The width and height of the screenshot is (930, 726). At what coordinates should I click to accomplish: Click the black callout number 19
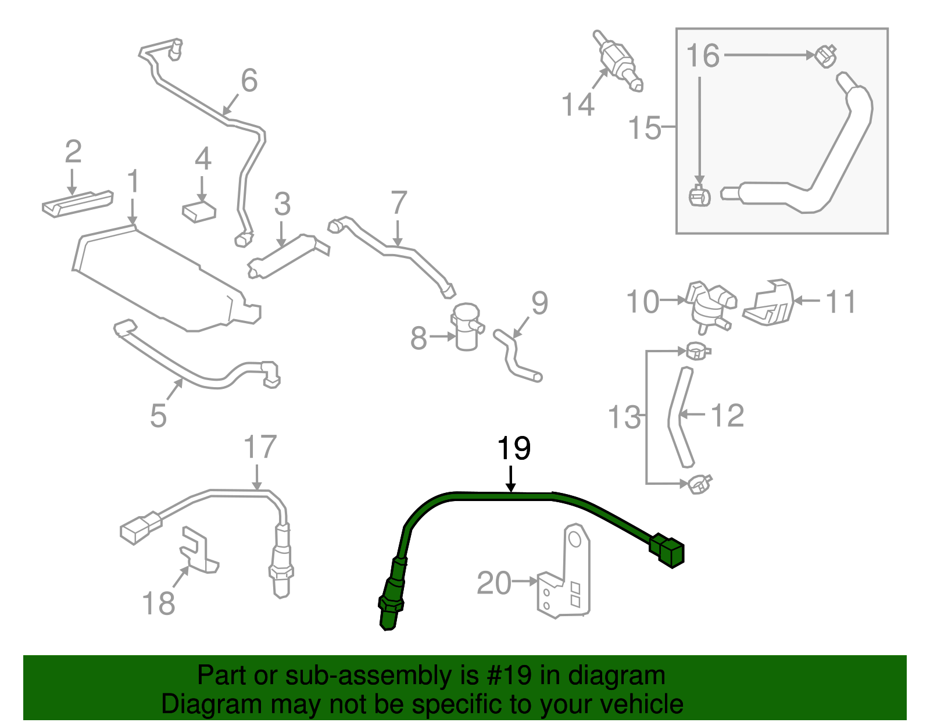[x=514, y=448]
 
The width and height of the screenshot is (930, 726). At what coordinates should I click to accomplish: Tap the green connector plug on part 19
[x=668, y=549]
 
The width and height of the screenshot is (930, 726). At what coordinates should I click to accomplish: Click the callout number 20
[x=493, y=583]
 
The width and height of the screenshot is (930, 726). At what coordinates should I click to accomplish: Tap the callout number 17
[x=260, y=447]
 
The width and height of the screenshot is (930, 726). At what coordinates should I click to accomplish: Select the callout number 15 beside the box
[x=645, y=127]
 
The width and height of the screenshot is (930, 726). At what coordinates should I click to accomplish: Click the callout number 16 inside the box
[x=703, y=56]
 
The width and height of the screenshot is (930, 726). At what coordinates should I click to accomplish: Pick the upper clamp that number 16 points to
[x=826, y=56]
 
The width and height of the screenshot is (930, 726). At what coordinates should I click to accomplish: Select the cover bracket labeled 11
[x=770, y=303]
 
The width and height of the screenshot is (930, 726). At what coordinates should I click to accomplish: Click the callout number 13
[x=624, y=417]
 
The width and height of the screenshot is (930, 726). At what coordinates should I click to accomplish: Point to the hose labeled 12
[x=679, y=416]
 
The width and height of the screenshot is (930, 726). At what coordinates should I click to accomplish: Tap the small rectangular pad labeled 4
[x=199, y=212]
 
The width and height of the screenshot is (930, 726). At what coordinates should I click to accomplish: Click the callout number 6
[x=249, y=80]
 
